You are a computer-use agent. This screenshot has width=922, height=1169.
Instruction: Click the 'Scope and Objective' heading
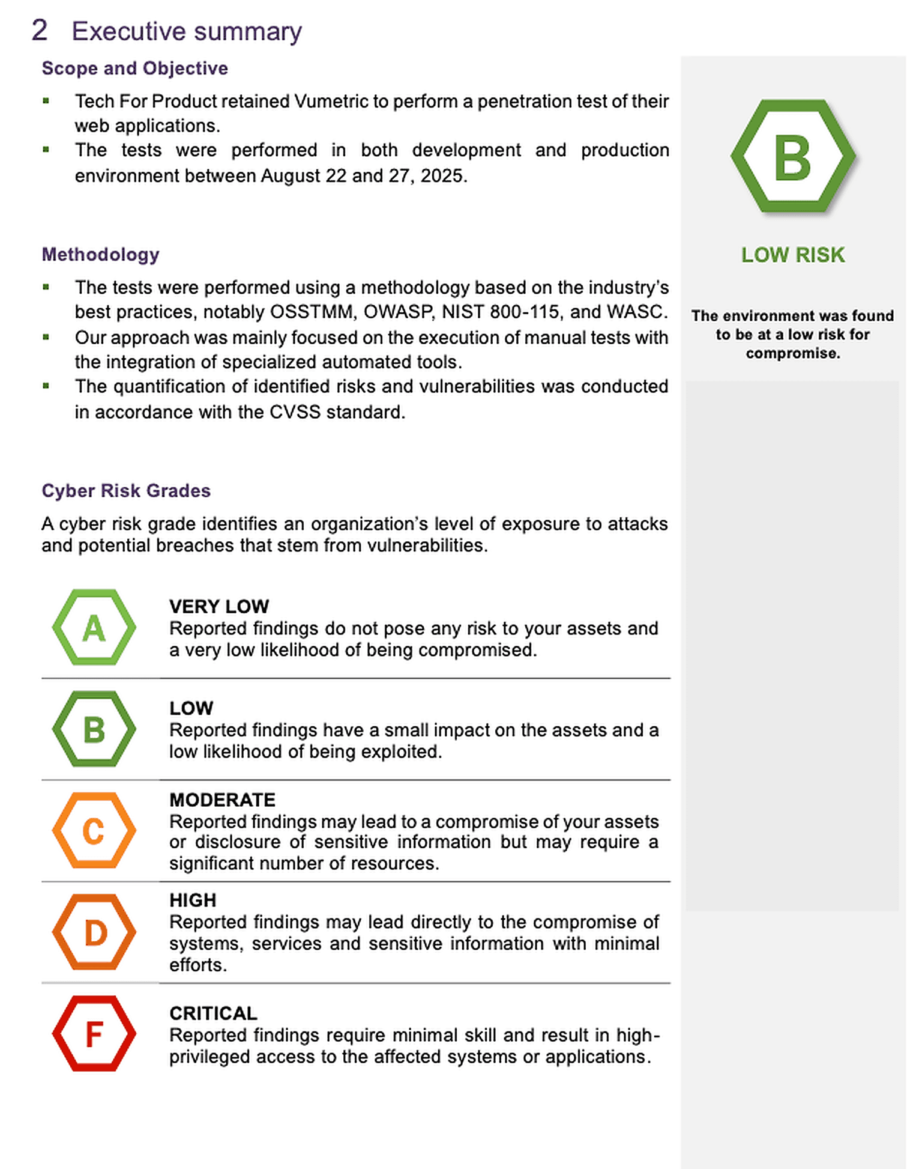click(134, 68)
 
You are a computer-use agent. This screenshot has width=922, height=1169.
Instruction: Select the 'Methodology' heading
click(100, 255)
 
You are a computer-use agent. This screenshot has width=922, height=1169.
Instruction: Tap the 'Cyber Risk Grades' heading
click(126, 491)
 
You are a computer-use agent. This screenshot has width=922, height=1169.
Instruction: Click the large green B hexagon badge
click(793, 157)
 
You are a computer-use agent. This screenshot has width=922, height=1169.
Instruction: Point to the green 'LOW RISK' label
click(793, 255)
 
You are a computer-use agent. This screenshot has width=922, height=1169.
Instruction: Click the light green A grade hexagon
click(94, 628)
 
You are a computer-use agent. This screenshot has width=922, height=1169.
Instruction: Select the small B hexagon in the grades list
click(94, 729)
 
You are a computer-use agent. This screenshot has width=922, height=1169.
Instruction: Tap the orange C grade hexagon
click(94, 831)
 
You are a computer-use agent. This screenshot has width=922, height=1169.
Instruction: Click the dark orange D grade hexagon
click(94, 932)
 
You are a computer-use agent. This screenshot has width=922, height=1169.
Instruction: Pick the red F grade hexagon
click(94, 1034)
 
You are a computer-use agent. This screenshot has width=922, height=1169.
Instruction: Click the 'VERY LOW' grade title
click(219, 607)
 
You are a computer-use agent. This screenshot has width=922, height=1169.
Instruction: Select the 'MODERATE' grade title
click(222, 800)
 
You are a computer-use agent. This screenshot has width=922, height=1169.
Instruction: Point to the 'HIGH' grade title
click(193, 900)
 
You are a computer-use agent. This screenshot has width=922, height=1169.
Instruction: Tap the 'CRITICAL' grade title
click(213, 1013)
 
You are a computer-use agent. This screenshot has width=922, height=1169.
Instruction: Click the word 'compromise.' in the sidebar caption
click(793, 354)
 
